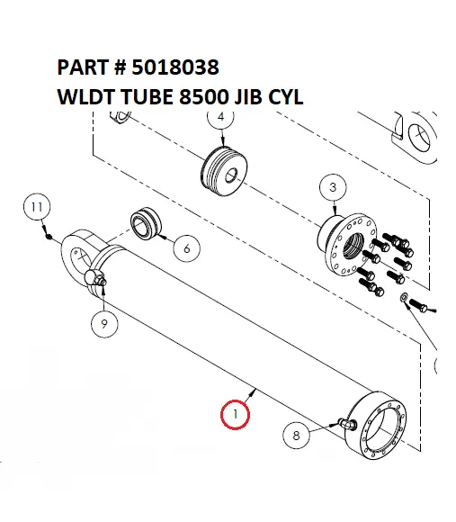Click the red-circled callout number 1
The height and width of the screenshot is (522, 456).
pyautogui.click(x=236, y=415)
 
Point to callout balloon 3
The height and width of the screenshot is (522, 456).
pyautogui.click(x=333, y=187)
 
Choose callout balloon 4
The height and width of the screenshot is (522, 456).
pyautogui.click(x=220, y=117)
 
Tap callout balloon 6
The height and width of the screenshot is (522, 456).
pyautogui.click(x=185, y=247)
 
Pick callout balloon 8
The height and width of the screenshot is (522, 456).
pyautogui.click(x=298, y=436)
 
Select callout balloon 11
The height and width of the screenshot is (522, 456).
pyautogui.click(x=34, y=207)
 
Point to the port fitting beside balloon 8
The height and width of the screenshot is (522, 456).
pyautogui.click(x=344, y=423)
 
